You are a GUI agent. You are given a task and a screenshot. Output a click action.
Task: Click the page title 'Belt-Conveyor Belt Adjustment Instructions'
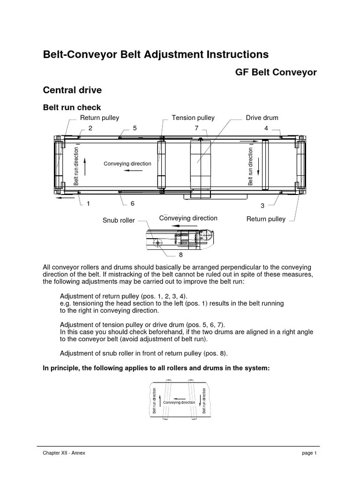pos(156,54)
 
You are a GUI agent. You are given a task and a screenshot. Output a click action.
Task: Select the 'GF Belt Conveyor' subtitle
pos(275,72)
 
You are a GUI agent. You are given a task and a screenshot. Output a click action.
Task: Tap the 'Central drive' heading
pos(72,90)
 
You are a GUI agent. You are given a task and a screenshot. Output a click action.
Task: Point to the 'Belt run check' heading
pos(72,108)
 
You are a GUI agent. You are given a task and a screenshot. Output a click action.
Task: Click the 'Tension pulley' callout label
pos(193,118)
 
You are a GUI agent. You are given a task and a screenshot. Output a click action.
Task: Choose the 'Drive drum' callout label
pos(262,118)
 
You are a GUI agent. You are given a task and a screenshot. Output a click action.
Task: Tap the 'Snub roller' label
pos(119,220)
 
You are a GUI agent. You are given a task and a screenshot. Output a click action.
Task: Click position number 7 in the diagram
pos(197,128)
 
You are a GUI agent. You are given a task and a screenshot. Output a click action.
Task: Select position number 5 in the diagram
pos(135,128)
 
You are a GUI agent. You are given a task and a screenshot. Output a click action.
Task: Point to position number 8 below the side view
pos(180,255)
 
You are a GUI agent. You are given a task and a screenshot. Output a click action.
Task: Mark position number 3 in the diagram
pos(262,206)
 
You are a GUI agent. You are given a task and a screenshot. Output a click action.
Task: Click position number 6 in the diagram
pos(133,203)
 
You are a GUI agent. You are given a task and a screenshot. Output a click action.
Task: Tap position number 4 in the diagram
pos(266,128)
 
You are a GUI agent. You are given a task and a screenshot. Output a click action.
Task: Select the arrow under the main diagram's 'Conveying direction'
pos(134,171)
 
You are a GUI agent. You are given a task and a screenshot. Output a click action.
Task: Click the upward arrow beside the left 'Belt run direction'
pos(85,166)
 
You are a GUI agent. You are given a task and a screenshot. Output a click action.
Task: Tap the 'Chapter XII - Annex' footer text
pos(64,453)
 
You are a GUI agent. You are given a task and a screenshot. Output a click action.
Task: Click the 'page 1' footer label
pos(310,453)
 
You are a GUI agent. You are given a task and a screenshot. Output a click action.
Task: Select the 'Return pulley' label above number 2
pos(99,118)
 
